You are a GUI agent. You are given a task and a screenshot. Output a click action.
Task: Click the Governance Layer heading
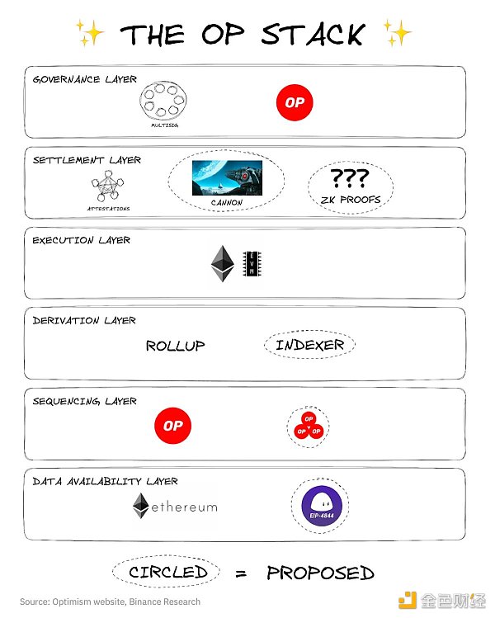tap(84, 79)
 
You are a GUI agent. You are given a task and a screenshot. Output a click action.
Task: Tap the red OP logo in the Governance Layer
tap(295, 103)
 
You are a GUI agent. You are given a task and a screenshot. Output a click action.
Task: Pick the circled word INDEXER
tap(309, 345)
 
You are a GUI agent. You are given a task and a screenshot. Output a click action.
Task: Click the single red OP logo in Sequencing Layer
tap(172, 426)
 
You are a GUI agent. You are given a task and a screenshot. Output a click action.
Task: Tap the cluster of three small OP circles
tap(309, 427)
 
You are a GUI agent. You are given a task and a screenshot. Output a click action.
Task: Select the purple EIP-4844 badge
tap(319, 506)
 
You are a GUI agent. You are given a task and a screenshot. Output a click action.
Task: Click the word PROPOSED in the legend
tap(320, 572)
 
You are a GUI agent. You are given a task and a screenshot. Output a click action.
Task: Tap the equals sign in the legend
tap(242, 572)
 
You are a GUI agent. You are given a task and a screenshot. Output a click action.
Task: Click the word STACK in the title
tap(313, 34)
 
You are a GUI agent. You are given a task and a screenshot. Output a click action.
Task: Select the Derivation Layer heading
tap(84, 320)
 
